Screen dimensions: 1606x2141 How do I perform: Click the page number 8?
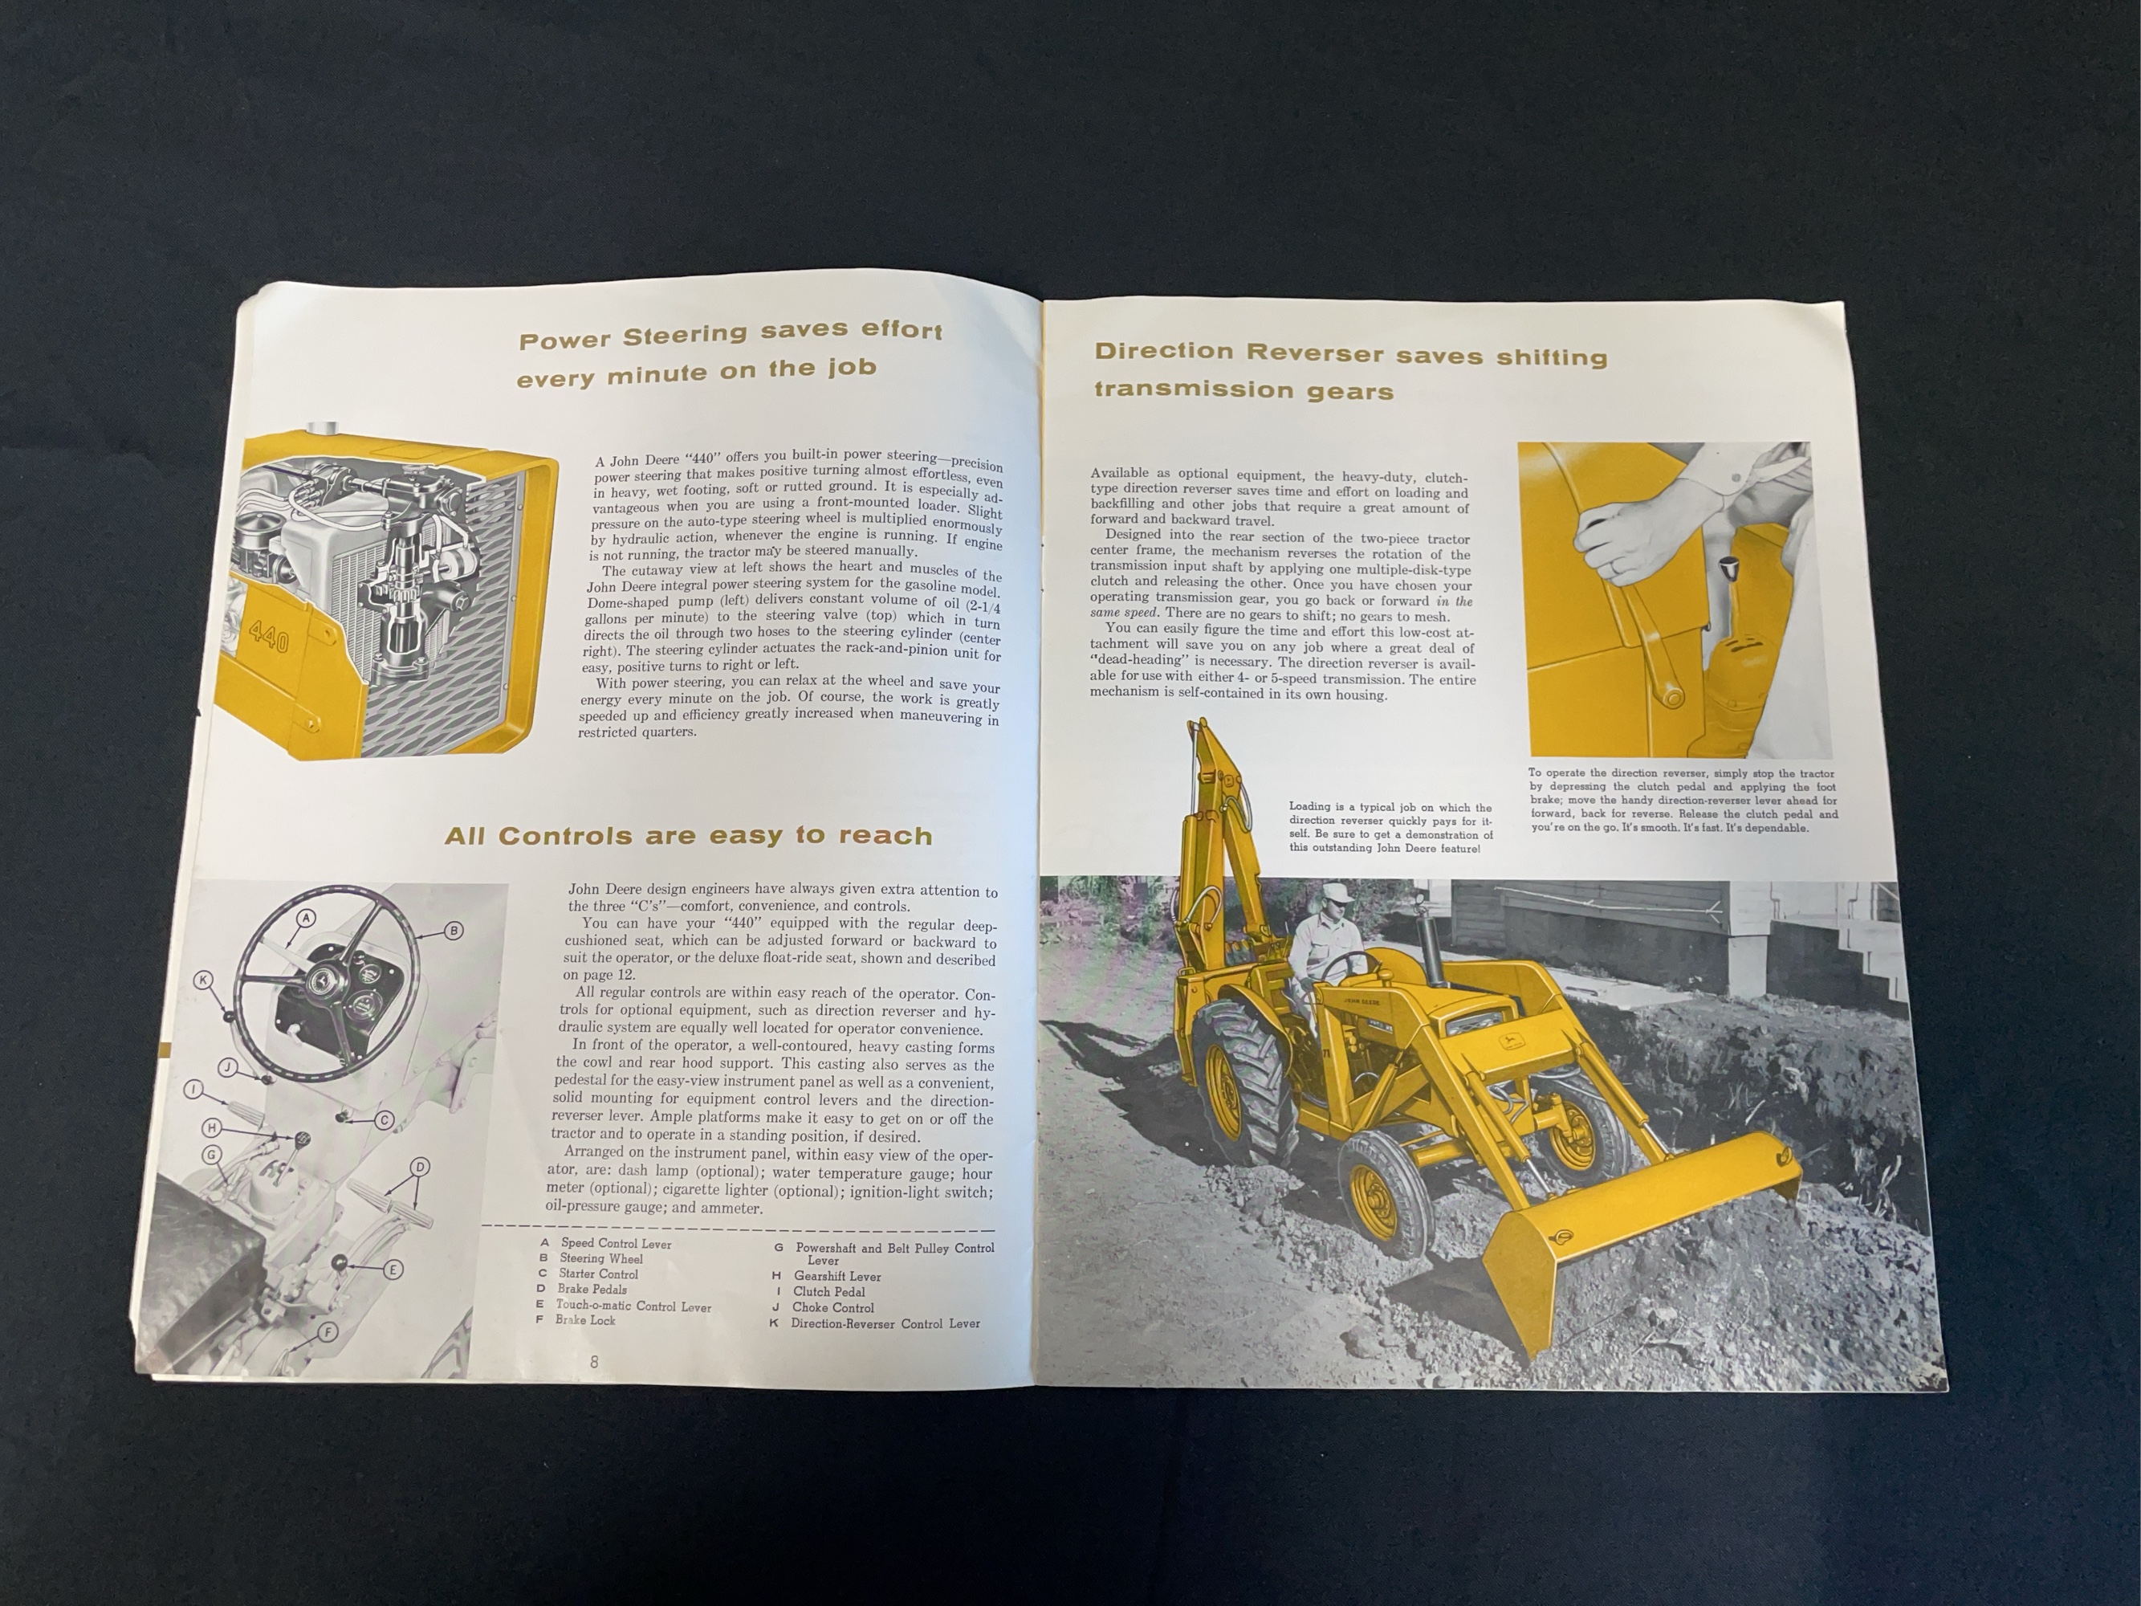[594, 1361]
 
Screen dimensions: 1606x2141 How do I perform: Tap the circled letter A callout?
[306, 918]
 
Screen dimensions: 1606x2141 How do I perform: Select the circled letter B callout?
[453, 931]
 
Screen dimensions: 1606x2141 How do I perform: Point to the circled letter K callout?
[203, 980]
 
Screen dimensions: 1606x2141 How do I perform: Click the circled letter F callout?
[328, 1332]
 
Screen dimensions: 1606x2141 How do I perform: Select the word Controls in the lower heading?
[564, 837]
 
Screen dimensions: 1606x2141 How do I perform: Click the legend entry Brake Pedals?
[592, 1290]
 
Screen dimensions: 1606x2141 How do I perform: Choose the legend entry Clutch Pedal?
[828, 1291]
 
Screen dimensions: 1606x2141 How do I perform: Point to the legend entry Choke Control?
[832, 1306]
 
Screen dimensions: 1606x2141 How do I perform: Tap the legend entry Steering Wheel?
[600, 1258]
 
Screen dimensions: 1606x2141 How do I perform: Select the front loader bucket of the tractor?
[1626, 1249]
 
